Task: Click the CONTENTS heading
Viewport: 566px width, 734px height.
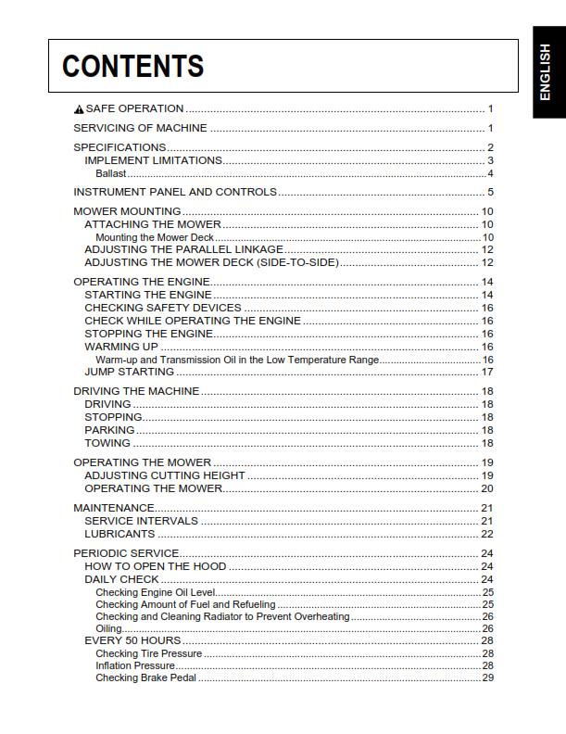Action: [132, 66]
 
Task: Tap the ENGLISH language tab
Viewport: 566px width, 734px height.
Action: [547, 72]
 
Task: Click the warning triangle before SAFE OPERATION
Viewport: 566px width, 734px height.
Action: [79, 109]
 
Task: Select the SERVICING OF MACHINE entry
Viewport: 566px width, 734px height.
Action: [140, 128]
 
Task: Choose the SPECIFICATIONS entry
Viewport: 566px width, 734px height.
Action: [119, 147]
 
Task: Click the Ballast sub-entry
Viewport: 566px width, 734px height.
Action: [110, 173]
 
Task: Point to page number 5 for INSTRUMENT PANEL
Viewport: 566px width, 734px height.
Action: [490, 192]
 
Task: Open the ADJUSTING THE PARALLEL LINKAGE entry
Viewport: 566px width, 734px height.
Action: [183, 249]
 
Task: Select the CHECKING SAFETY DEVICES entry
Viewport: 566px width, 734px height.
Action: [163, 308]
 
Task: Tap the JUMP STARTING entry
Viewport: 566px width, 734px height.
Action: [129, 372]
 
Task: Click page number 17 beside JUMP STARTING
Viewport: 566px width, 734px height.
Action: [487, 372]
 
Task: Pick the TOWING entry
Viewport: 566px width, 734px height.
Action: [107, 443]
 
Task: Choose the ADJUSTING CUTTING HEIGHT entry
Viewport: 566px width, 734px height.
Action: [164, 475]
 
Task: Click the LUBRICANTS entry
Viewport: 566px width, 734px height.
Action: [119, 534]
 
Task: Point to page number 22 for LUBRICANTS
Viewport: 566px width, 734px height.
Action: [487, 534]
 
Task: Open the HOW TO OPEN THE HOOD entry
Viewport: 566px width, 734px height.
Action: [155, 566]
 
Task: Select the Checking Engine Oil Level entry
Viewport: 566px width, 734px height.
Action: [155, 592]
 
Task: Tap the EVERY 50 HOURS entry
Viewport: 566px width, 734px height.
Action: [132, 640]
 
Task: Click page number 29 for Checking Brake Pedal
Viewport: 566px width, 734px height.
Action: [487, 677]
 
